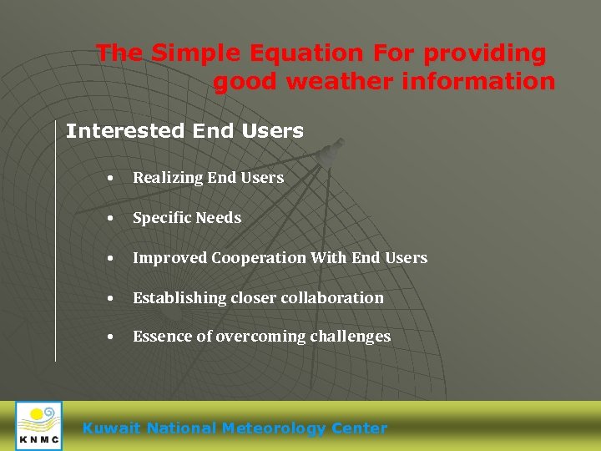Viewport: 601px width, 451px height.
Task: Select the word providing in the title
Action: pos(484,54)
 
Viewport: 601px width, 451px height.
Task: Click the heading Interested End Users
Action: pos(184,131)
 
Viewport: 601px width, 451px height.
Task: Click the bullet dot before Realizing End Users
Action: pos(110,179)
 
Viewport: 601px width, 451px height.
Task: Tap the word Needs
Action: pos(219,218)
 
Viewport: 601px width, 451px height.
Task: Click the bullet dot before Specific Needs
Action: pos(110,219)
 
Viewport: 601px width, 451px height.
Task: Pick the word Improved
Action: pos(169,258)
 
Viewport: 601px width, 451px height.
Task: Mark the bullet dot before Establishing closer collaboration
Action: pos(110,299)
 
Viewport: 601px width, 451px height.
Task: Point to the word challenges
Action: pos(351,337)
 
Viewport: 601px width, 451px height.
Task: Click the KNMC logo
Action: pos(38,425)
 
